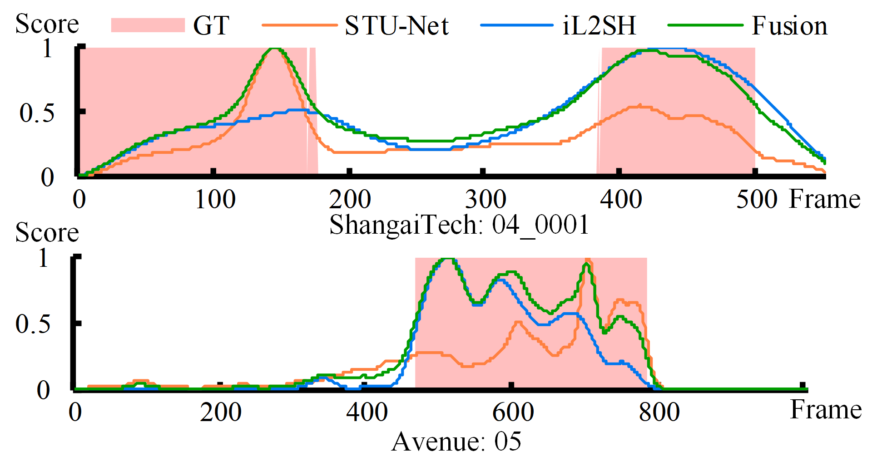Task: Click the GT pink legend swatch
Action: (148, 25)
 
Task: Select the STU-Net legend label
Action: (396, 26)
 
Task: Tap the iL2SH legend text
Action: (599, 26)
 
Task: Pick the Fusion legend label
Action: (789, 26)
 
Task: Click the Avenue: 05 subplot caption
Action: (456, 442)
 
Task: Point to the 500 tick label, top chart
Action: (757, 200)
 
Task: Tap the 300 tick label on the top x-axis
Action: (485, 200)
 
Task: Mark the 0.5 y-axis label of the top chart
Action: (36, 113)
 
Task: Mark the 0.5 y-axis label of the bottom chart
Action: (33, 324)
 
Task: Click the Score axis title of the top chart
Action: (47, 24)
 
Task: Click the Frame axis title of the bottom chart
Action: (826, 410)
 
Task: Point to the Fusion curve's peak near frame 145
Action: (274, 48)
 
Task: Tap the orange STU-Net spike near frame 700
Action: (588, 260)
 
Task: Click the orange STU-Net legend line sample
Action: (299, 25)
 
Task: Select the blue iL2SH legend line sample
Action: (516, 25)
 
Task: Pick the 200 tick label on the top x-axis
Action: (350, 200)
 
